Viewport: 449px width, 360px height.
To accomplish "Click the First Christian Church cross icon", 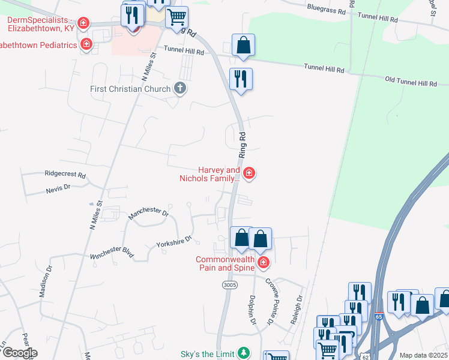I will tap(179, 89).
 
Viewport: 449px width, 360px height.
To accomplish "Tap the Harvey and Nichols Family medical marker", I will tap(249, 174).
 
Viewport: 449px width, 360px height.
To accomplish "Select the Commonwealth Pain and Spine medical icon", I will tap(263, 262).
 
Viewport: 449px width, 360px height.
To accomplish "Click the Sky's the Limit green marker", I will tap(243, 352).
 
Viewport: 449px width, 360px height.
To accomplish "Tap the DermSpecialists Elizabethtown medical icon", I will tap(83, 24).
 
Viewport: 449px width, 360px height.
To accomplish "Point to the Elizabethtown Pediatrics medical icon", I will tap(87, 44).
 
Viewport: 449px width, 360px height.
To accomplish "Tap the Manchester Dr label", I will tap(149, 211).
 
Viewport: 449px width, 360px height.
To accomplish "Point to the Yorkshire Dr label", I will tap(173, 242).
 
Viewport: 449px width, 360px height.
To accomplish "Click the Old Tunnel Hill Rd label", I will tap(411, 81).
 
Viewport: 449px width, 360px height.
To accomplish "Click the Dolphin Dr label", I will tap(253, 313).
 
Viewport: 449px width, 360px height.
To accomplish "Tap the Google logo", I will tap(19, 353).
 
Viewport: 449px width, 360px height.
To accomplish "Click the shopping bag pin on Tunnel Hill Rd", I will tap(243, 45).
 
